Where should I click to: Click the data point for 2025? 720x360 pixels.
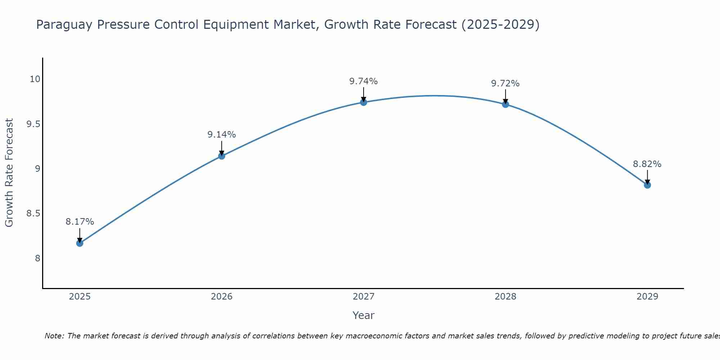pyautogui.click(x=80, y=243)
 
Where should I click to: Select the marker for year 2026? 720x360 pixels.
pyautogui.click(x=221, y=156)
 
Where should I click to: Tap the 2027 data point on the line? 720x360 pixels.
pyautogui.click(x=363, y=102)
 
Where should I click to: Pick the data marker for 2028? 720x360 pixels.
pyautogui.click(x=505, y=104)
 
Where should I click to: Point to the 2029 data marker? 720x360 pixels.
pyautogui.click(x=647, y=185)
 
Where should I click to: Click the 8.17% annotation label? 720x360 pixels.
pyautogui.click(x=80, y=222)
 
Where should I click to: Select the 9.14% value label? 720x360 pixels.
pyautogui.click(x=221, y=135)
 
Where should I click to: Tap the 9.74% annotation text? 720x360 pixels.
pyautogui.click(x=363, y=81)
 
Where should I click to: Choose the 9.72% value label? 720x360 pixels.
pyautogui.click(x=505, y=84)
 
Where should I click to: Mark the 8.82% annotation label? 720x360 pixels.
pyautogui.click(x=647, y=164)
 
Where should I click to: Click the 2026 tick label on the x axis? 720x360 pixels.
pyautogui.click(x=221, y=297)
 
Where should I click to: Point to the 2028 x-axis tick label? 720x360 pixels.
pyautogui.click(x=505, y=297)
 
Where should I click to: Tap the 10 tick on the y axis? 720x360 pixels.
pyautogui.click(x=35, y=79)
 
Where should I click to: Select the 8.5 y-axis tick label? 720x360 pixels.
pyautogui.click(x=33, y=213)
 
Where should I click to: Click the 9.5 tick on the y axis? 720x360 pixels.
pyautogui.click(x=33, y=124)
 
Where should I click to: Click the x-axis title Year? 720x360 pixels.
pyautogui.click(x=363, y=315)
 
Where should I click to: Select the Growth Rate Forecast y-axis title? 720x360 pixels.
pyautogui.click(x=9, y=173)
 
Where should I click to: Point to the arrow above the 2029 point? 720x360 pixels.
pyautogui.click(x=647, y=177)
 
